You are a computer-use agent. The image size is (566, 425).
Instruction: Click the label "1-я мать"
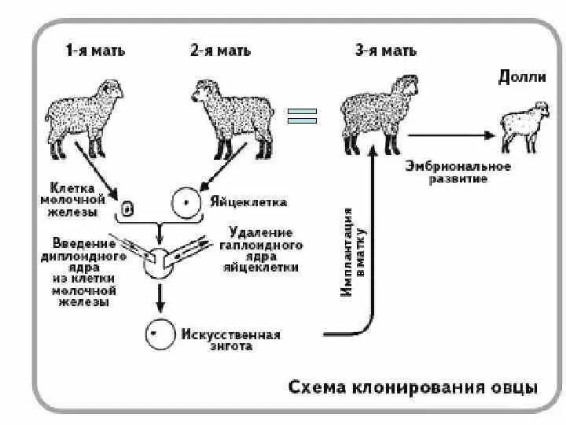[x=94, y=51]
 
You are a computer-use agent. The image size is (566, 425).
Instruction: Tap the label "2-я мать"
[x=220, y=51]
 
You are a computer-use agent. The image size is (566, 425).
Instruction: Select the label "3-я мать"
[x=385, y=51]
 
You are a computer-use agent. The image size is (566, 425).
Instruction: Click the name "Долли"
[x=516, y=76]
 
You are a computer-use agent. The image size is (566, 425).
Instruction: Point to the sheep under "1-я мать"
[x=83, y=114]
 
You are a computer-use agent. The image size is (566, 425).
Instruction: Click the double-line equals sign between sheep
[x=301, y=116]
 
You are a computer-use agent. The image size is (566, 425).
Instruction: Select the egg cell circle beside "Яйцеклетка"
[x=185, y=202]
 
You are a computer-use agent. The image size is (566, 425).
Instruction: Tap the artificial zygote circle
[x=158, y=334]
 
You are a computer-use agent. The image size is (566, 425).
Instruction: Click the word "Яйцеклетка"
[x=248, y=202]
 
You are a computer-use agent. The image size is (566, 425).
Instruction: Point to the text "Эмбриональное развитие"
[x=458, y=172]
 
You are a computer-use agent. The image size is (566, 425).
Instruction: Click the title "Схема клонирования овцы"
[x=413, y=387]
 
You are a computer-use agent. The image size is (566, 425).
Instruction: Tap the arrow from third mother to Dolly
[x=452, y=135]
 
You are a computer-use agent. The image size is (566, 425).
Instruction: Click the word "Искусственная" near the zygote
[x=230, y=334]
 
